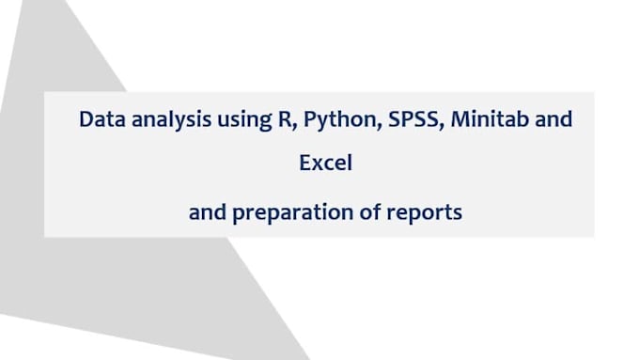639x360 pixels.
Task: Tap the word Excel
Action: tap(325, 163)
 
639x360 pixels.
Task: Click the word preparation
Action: tap(298, 213)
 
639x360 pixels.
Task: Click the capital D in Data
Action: tap(86, 121)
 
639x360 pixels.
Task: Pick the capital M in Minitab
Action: tap(446, 121)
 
